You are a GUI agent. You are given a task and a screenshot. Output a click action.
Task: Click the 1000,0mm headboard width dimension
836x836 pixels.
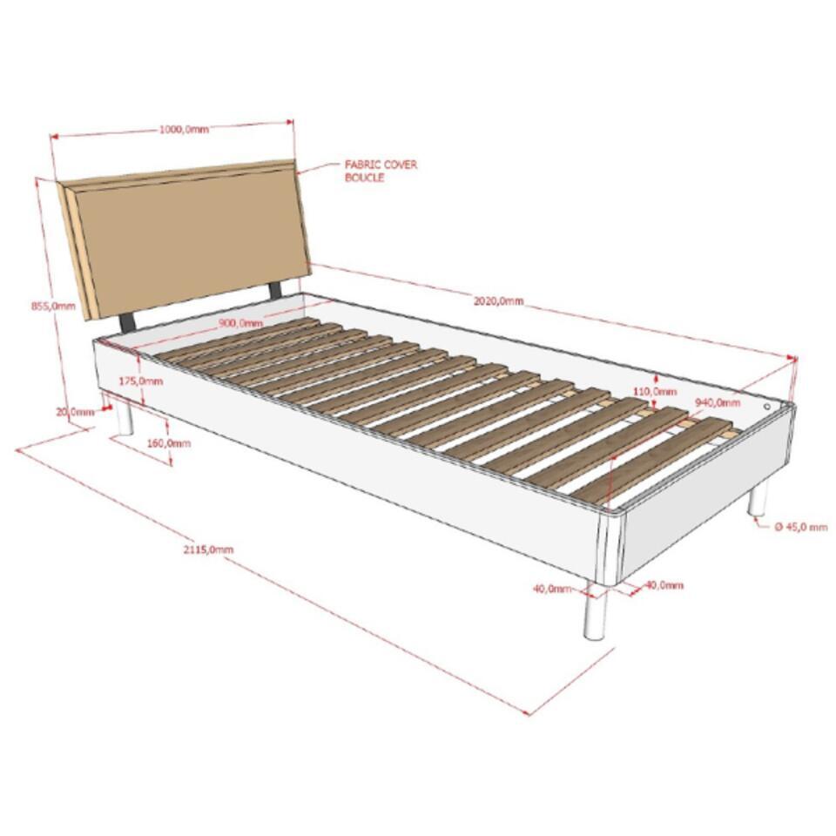click(184, 129)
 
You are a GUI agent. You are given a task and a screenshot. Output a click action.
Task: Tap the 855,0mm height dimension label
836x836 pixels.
click(53, 306)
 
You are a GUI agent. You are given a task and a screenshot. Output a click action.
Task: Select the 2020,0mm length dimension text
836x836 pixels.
click(498, 300)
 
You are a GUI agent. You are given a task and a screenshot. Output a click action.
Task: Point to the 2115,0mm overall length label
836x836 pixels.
click(208, 549)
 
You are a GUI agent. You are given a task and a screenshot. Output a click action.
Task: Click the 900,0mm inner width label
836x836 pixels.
click(240, 323)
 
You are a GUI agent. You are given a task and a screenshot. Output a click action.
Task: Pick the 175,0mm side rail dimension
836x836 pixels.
click(141, 381)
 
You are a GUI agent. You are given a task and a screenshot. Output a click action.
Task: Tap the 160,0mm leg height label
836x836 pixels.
click(168, 443)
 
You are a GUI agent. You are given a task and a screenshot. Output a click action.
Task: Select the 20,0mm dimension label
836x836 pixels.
click(75, 412)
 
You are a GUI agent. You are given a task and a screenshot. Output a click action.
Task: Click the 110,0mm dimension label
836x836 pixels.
click(655, 391)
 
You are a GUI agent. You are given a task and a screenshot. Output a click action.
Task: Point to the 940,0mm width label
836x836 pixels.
click(718, 402)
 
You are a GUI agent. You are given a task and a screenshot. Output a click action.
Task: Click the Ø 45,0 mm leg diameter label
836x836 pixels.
click(801, 527)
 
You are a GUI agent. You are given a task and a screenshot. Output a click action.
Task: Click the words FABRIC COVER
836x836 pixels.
click(381, 165)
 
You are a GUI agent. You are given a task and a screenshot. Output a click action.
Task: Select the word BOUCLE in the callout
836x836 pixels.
click(364, 178)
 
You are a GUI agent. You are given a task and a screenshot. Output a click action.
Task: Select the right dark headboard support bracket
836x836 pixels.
click(275, 290)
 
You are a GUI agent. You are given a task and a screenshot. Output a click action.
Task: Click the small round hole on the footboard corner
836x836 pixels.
click(766, 407)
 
